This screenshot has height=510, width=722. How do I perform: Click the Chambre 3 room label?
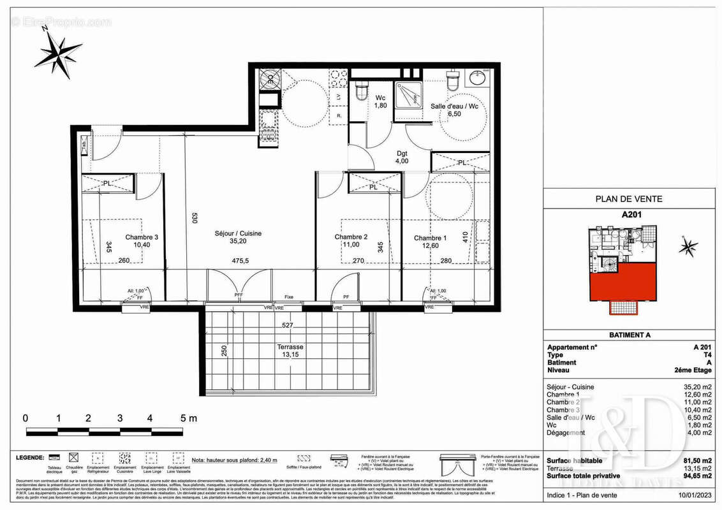coord(142,237)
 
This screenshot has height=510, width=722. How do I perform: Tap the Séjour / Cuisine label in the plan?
coord(238,233)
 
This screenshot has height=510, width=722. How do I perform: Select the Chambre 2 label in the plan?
coord(351,237)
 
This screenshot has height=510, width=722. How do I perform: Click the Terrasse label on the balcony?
coord(290,347)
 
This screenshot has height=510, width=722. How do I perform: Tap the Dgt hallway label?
coord(401,153)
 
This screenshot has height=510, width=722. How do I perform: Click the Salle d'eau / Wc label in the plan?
coord(454,106)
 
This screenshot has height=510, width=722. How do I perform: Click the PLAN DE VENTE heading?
coord(628,199)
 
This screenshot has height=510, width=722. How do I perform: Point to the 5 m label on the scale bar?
coord(188,419)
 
